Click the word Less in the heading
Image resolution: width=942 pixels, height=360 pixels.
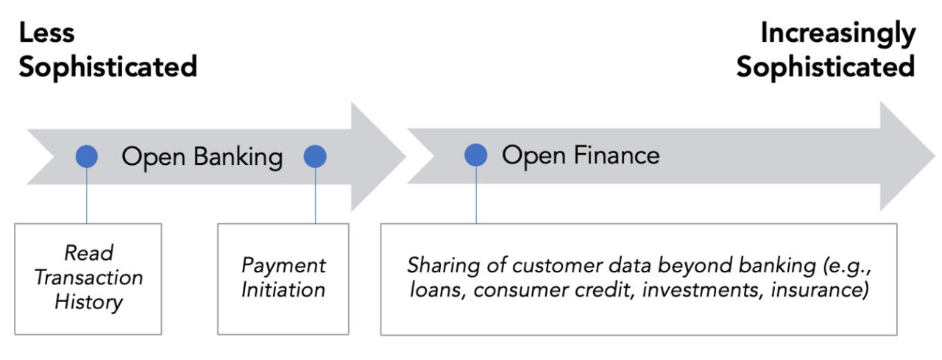47,33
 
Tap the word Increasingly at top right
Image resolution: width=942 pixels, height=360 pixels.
837,33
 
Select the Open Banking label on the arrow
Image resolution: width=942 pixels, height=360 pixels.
202,156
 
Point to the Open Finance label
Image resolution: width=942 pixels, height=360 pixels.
581,155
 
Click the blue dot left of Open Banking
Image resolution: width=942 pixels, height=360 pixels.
87,156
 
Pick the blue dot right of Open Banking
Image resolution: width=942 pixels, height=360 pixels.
315,156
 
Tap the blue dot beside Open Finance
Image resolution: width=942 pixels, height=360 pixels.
475,155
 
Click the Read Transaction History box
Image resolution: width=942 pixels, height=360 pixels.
88,278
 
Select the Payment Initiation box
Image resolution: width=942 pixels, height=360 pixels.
283,278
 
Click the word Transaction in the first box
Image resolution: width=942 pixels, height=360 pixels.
89,278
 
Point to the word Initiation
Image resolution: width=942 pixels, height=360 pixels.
283,291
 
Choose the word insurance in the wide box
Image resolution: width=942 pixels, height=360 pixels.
819,290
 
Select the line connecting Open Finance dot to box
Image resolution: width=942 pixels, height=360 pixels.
475,195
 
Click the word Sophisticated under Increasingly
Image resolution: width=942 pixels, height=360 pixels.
826,67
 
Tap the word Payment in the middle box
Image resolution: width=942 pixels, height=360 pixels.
283,265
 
